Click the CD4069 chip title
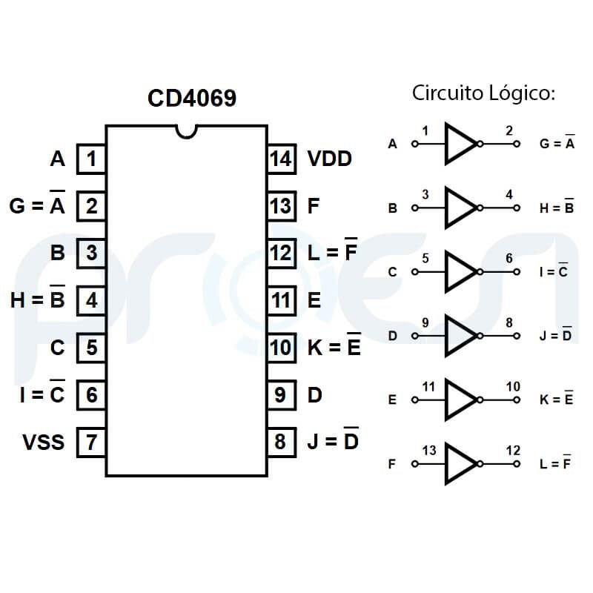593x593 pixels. click(192, 99)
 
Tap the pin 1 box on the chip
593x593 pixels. click(91, 159)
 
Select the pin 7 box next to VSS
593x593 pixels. click(91, 443)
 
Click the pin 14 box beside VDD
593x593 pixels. click(281, 159)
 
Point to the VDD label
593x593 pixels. click(329, 159)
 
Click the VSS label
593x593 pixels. click(44, 443)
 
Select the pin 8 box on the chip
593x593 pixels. click(281, 443)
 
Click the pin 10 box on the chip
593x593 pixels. click(281, 348)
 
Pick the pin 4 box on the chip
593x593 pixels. click(91, 300)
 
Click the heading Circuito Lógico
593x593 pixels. click(483, 93)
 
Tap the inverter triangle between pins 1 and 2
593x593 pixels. click(460, 144)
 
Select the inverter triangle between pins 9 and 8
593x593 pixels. click(460, 336)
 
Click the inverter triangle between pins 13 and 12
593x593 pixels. click(460, 465)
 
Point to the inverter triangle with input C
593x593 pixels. click(460, 272)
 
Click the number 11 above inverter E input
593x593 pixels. click(428, 387)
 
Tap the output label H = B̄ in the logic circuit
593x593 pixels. click(557, 208)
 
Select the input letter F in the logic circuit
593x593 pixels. click(392, 465)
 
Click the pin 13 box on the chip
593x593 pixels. click(281, 205)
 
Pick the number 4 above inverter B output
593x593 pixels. click(508, 195)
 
